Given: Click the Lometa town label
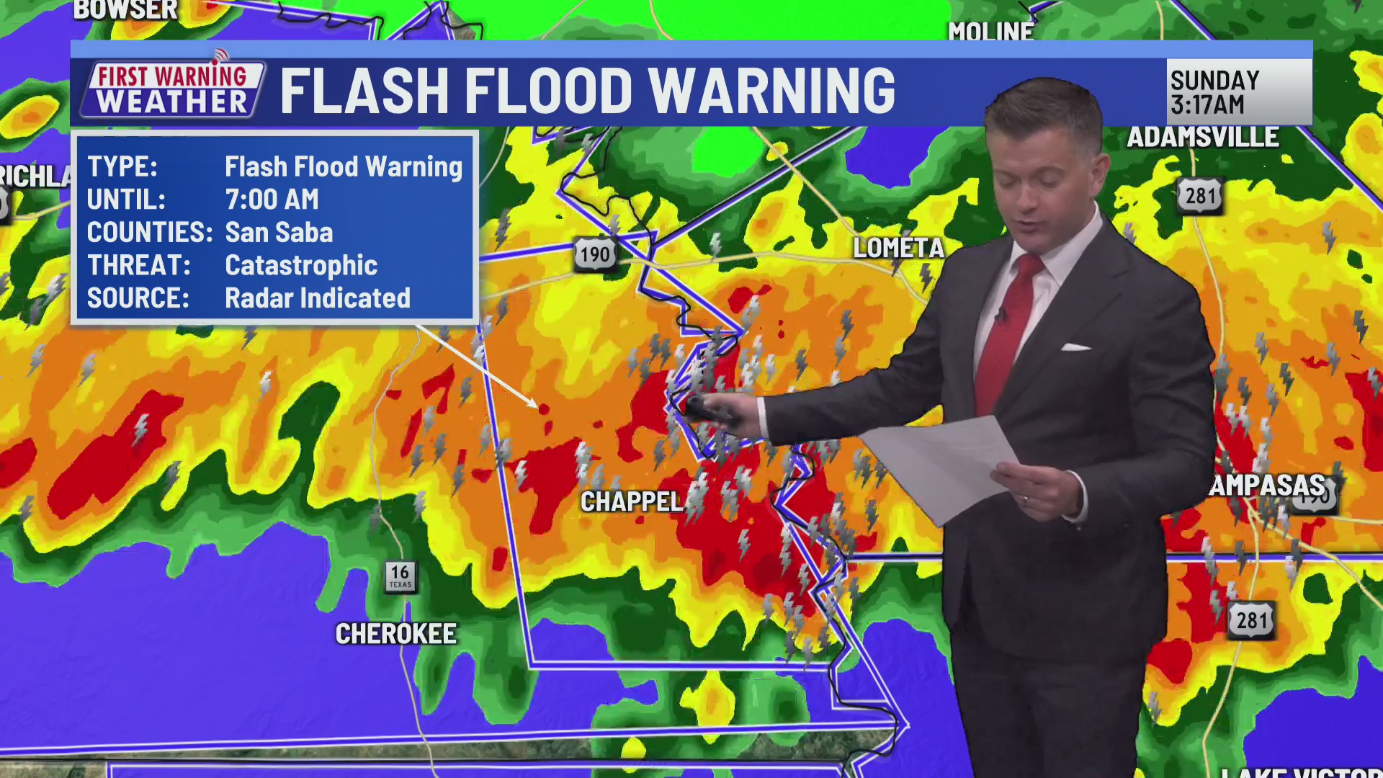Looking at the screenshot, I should [898, 249].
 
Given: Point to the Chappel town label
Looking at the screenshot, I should [632, 502].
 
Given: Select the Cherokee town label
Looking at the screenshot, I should [395, 634].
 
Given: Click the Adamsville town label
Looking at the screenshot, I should [1202, 137].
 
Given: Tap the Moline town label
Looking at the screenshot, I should [990, 32].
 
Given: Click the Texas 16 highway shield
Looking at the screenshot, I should [400, 576].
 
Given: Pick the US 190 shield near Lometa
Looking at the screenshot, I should [595, 254].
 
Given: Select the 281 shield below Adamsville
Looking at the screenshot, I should [1200, 196].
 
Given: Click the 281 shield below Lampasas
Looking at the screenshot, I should [1251, 620].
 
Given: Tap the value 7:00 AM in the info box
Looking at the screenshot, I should [272, 200].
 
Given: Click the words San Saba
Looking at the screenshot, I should [279, 233].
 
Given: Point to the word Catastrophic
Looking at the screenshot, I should [301, 266].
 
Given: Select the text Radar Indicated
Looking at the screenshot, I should [317, 298].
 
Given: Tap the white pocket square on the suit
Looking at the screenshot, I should [1075, 347].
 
